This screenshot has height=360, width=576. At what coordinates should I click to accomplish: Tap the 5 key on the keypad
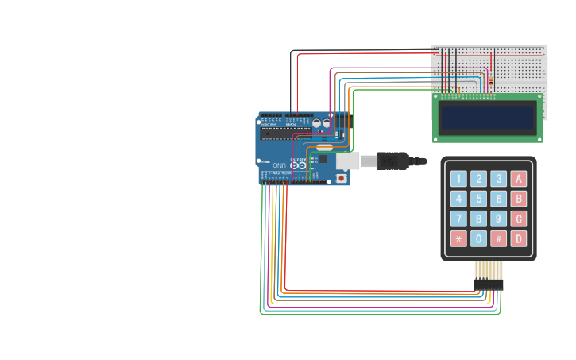(478, 199)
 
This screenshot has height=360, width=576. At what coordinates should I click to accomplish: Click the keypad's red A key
(519, 179)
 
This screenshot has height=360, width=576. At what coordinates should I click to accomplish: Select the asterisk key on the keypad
(458, 239)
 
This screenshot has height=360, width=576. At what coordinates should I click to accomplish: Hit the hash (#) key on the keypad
(499, 239)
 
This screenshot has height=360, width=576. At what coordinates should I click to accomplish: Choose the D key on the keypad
(519, 239)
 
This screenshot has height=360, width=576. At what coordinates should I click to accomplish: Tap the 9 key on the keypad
(499, 219)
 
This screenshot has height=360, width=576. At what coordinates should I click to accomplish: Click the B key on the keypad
(519, 199)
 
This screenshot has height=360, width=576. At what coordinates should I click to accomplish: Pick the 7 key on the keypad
(458, 219)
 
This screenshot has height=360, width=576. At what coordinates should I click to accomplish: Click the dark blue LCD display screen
(488, 118)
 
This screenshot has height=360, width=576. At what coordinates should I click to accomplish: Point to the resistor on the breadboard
(492, 79)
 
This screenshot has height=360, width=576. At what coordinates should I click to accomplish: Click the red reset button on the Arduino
(342, 178)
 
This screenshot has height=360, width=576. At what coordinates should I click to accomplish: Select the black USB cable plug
(392, 161)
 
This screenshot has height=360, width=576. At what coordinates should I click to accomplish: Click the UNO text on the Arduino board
(280, 165)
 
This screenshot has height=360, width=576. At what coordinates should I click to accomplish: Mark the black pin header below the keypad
(489, 284)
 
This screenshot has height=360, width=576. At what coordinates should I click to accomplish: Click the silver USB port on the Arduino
(347, 161)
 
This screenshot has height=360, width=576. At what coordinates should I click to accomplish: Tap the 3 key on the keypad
(499, 179)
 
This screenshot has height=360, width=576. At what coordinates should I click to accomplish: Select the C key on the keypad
(519, 219)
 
